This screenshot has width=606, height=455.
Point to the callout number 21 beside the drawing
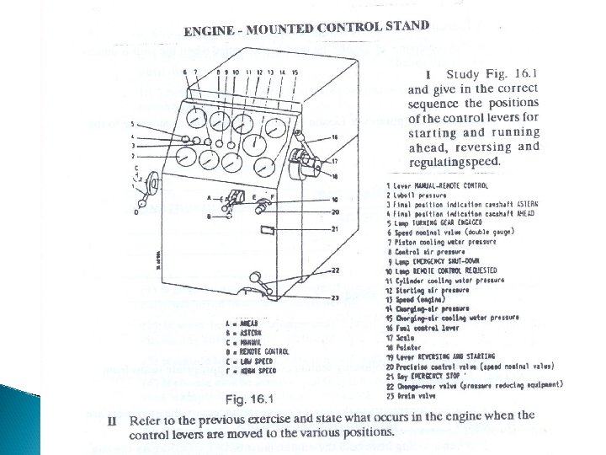[334, 229]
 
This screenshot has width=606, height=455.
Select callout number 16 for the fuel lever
[334, 136]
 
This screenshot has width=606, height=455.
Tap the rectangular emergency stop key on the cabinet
[268, 229]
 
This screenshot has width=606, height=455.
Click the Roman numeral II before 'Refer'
[113, 419]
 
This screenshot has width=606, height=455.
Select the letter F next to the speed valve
[271, 195]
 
